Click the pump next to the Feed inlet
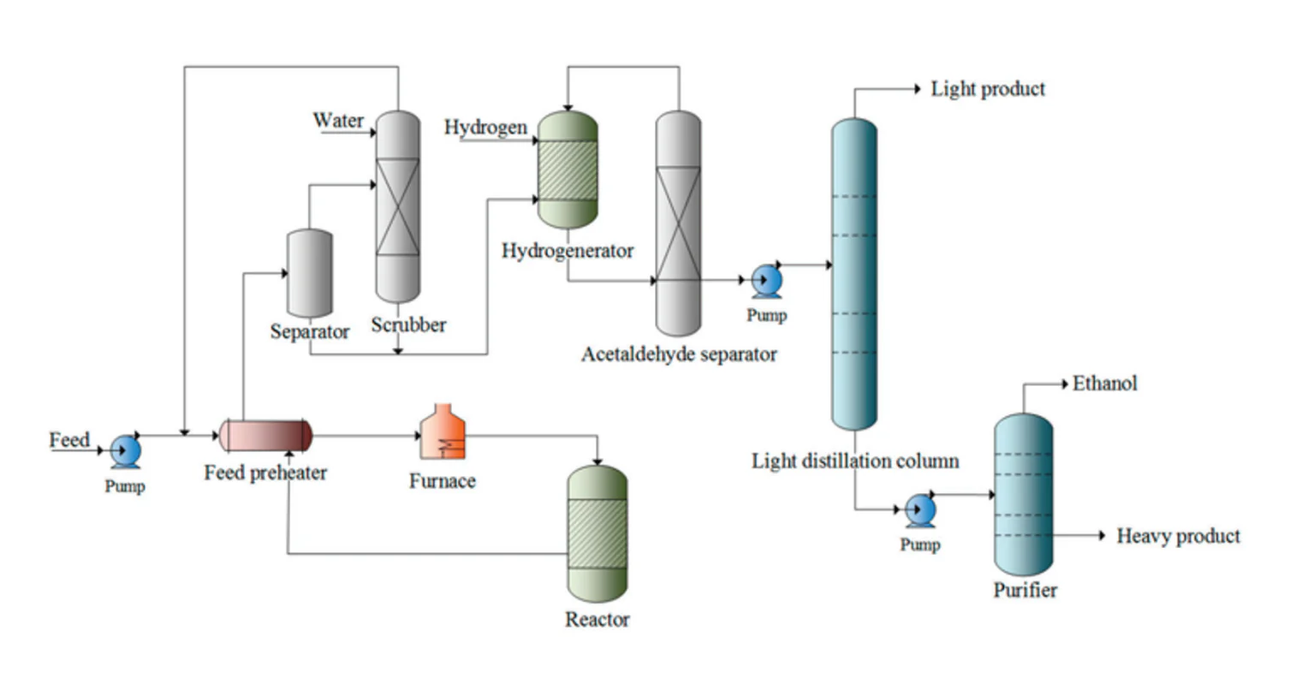tap(126, 451)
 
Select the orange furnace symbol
tap(443, 434)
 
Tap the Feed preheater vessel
tap(265, 436)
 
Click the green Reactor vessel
tap(597, 532)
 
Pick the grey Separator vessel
tap(309, 273)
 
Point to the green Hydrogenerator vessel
tap(567, 170)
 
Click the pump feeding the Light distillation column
tap(766, 281)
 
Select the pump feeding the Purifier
tap(920, 511)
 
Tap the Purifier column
tap(1023, 494)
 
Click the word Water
tap(338, 121)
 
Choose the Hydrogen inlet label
tap(485, 128)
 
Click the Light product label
tap(988, 89)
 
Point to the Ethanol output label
tap(1104, 384)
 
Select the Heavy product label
tap(1178, 536)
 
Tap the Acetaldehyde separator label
tap(679, 354)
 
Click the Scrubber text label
tap(408, 325)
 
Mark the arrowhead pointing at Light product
tap(917, 89)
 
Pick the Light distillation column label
tap(855, 461)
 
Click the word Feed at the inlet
tap(69, 440)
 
